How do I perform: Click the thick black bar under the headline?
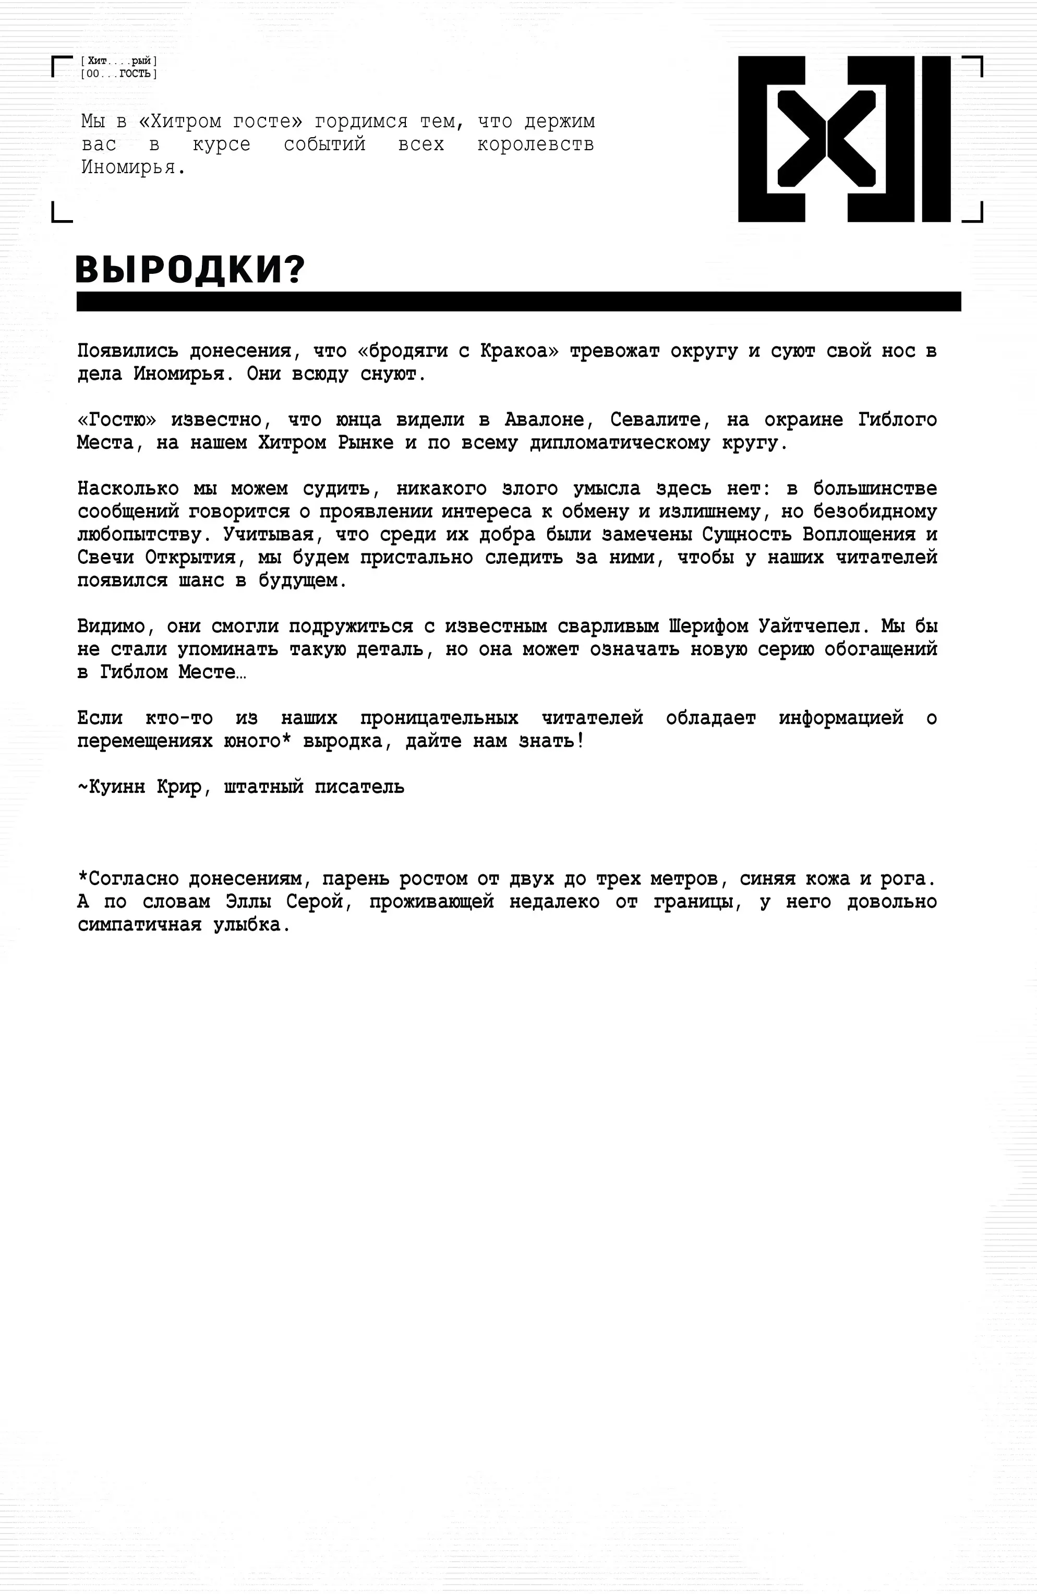pos(518,301)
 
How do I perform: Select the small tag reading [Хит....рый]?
pos(118,62)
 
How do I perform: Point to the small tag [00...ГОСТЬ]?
pos(118,74)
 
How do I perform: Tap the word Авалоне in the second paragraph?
pos(544,420)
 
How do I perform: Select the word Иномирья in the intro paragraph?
pos(132,167)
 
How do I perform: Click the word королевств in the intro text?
pos(535,144)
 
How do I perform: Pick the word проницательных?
pos(439,718)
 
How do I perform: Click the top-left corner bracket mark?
pos(62,66)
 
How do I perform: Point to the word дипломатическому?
pos(620,443)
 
